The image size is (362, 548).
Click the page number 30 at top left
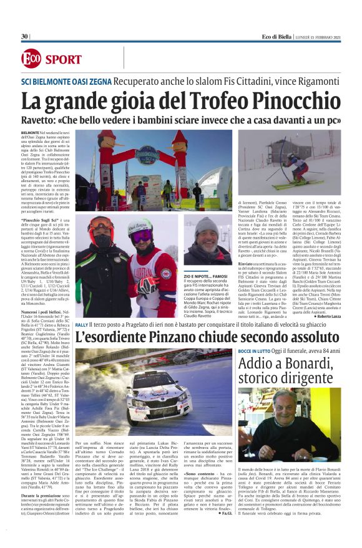(24, 37)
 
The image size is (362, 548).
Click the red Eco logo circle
(29, 59)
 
